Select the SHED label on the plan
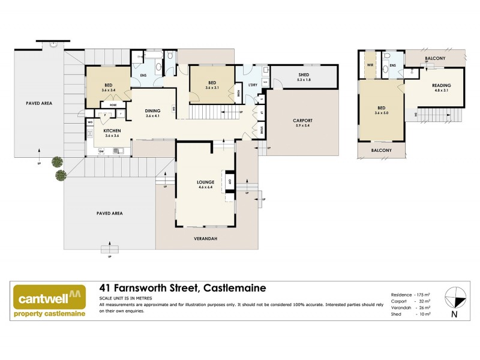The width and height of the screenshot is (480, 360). coord(304,74)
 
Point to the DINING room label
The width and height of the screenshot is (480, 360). coord(153,110)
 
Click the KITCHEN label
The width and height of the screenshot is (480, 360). coord(113,131)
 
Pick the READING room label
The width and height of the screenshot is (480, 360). coord(441,85)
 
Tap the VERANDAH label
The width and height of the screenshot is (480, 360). coord(206,239)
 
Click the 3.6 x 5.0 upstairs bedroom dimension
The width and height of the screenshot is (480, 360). coord(382,113)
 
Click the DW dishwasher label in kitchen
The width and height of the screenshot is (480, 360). coord(101,151)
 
